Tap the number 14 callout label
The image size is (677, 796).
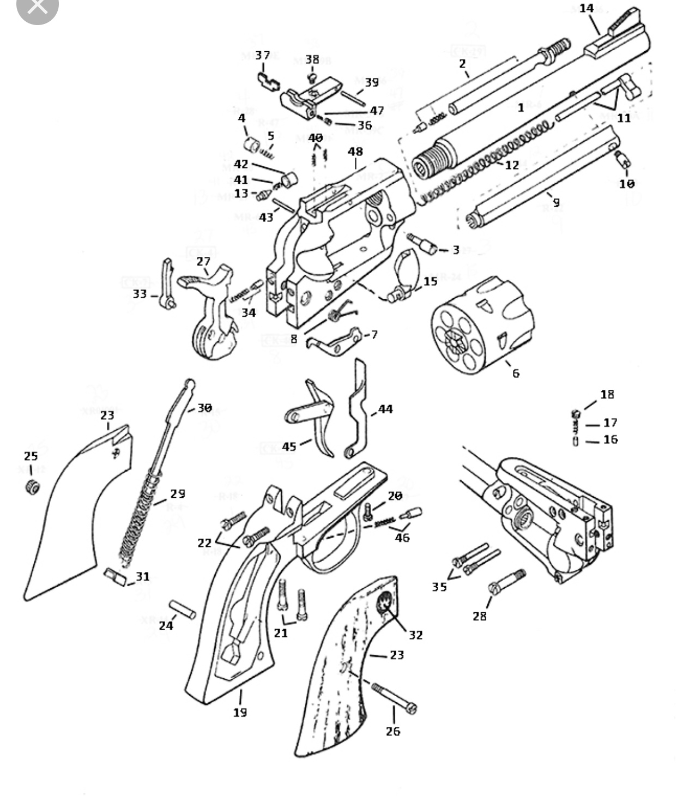click(x=587, y=9)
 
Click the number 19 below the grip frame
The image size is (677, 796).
click(x=240, y=712)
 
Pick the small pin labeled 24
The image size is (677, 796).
click(x=183, y=610)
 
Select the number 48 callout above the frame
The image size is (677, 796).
click(x=355, y=152)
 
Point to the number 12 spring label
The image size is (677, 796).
click(x=512, y=165)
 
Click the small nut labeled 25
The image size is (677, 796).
click(x=33, y=486)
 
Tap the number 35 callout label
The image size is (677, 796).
click(x=439, y=587)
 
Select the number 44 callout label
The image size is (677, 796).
click(x=385, y=409)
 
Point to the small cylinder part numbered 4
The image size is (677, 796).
click(x=251, y=146)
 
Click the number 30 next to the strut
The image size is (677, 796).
click(x=204, y=408)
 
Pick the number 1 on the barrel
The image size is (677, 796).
click(x=521, y=107)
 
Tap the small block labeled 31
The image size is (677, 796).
click(x=115, y=576)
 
